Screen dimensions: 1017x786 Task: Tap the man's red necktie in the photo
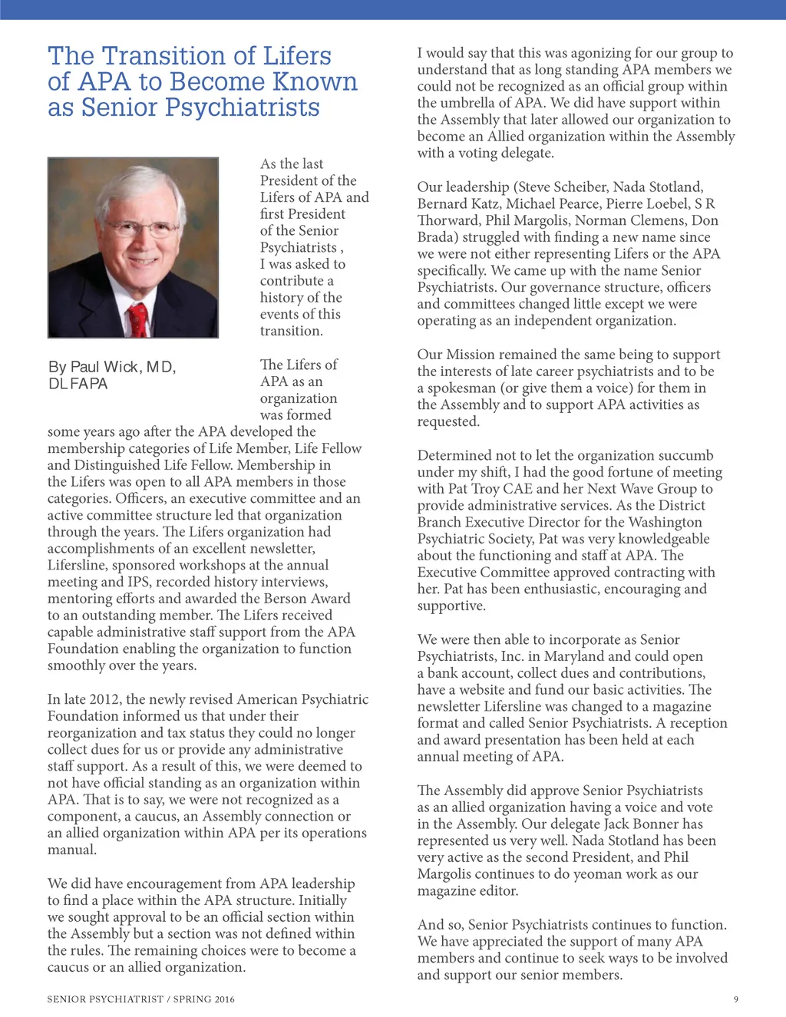pyautogui.click(x=138, y=319)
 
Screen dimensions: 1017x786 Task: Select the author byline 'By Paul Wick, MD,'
pyautogui.click(x=112, y=367)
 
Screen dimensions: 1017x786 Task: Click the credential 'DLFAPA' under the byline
pyautogui.click(x=78, y=384)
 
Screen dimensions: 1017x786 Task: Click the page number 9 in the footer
pyautogui.click(x=736, y=999)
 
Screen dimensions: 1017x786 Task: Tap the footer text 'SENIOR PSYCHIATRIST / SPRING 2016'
pyautogui.click(x=140, y=999)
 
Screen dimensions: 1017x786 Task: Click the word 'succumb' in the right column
pyautogui.click(x=686, y=455)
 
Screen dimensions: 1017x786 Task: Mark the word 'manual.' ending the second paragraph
pyautogui.click(x=72, y=850)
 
